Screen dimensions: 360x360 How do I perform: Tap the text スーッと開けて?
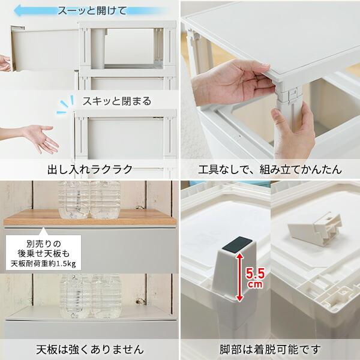point(92,11)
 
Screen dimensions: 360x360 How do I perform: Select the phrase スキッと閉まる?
point(117,101)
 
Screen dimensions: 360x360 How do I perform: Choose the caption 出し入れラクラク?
point(89,169)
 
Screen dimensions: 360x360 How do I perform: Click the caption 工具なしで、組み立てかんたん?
point(270,169)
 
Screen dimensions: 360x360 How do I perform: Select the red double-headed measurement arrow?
point(240,277)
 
